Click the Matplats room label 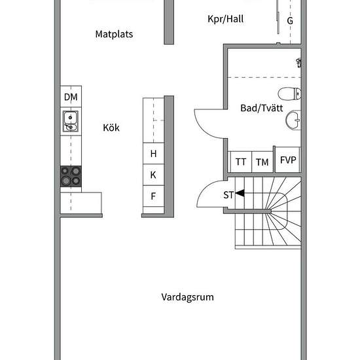pyautogui.click(x=114, y=34)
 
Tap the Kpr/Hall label pyautogui.click(x=225, y=19)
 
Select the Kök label pyautogui.click(x=111, y=128)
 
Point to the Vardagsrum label pyautogui.click(x=187, y=297)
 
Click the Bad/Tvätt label pyautogui.click(x=262, y=108)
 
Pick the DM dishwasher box pyautogui.click(x=71, y=96)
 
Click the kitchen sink pyautogui.click(x=71, y=121)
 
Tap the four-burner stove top pyautogui.click(x=71, y=176)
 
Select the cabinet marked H pyautogui.click(x=153, y=153)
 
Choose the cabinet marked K pyautogui.click(x=153, y=175)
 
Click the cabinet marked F pyautogui.click(x=153, y=196)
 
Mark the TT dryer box pyautogui.click(x=241, y=162)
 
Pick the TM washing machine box pyautogui.click(x=262, y=162)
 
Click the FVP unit pyautogui.click(x=288, y=160)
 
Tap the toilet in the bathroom pyautogui.click(x=289, y=94)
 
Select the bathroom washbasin pyautogui.click(x=293, y=120)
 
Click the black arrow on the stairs pyautogui.click(x=240, y=193)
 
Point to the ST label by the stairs pyautogui.click(x=228, y=195)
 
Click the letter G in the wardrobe pyautogui.click(x=290, y=21)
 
